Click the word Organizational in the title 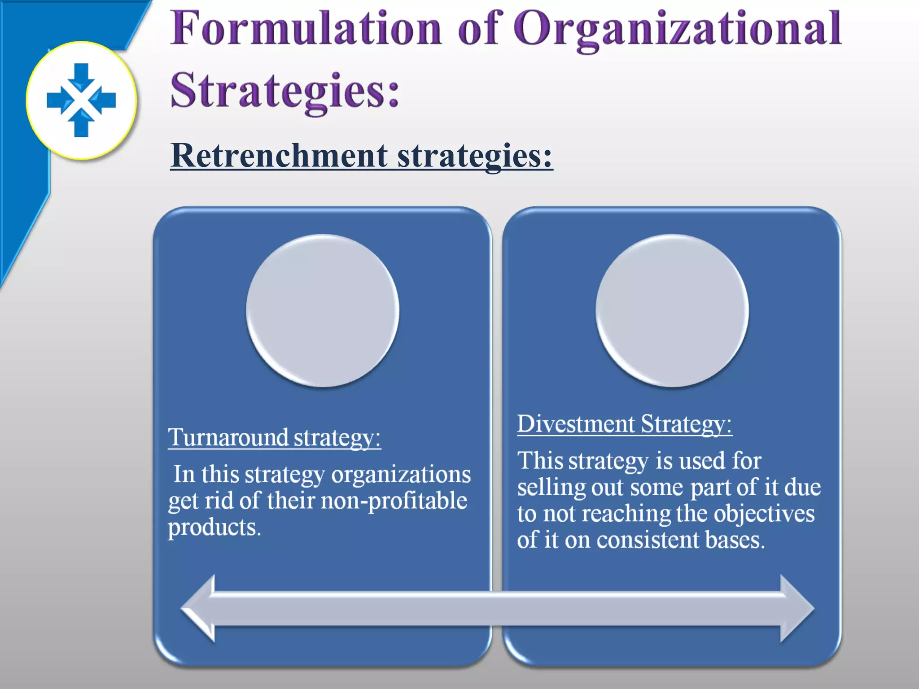click(x=678, y=29)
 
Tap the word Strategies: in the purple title click(x=284, y=91)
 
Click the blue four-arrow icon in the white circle click(x=81, y=100)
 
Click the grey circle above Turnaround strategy click(x=323, y=310)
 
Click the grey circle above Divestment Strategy click(x=672, y=310)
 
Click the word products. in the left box click(x=214, y=528)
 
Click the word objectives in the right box click(x=764, y=514)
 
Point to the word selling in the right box click(x=551, y=488)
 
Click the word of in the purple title click(x=477, y=29)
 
